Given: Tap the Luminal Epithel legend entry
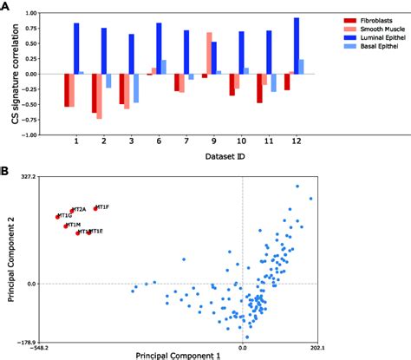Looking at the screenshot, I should click(364, 39).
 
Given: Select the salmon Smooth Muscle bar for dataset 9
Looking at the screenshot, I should click(210, 54).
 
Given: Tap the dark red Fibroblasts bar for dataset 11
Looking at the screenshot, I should click(259, 88).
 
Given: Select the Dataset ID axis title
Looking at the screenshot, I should click(184, 156).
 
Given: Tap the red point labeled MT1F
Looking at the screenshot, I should click(95, 208).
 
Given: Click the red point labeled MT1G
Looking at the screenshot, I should click(57, 216).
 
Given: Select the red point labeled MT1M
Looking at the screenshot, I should click(66, 226).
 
